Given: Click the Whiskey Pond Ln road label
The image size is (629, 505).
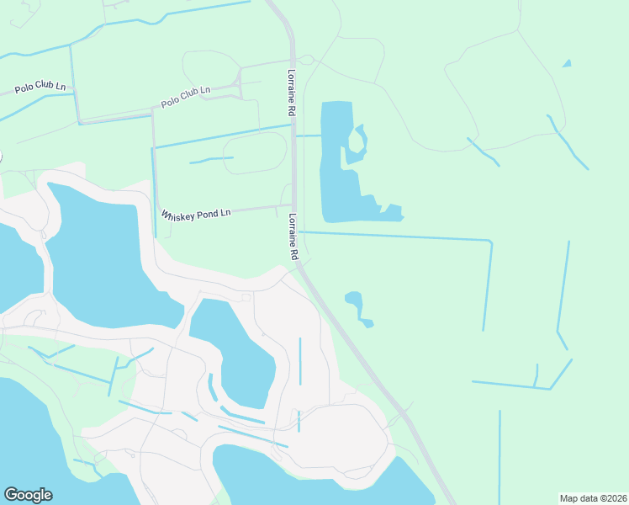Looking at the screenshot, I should coord(196,215).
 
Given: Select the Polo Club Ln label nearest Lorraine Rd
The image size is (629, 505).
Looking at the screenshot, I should coord(185,96).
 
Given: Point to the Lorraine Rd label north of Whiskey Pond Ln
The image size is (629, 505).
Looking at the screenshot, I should coord(291,92).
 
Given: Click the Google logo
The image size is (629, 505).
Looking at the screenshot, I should coord(28,495).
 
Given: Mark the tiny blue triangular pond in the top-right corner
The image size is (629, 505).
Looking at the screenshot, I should coord(567,63).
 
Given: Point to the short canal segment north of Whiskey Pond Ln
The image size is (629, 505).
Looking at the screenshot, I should coord(211,159).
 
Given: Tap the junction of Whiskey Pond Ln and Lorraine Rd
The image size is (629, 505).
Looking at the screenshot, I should coord(293,205).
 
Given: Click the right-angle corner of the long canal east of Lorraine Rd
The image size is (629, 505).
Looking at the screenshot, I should coord(489,242).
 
